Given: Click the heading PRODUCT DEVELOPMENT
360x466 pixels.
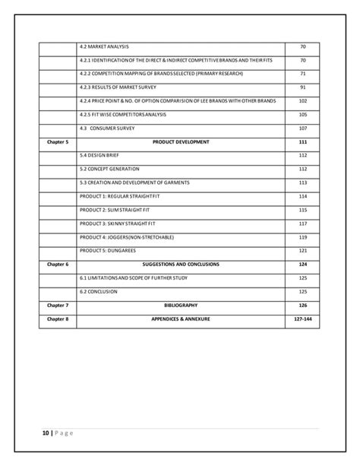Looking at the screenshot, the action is (x=181, y=142).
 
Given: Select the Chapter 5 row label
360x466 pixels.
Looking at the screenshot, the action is (x=58, y=142).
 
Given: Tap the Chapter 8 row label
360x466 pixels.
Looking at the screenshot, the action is (x=58, y=319).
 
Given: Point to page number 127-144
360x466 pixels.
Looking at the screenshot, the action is (x=302, y=319).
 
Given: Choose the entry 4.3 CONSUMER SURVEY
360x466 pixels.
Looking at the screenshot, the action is (x=108, y=128).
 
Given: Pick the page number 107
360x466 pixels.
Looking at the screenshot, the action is (x=302, y=128).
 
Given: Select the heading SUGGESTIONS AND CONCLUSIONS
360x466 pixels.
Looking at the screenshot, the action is (x=181, y=264).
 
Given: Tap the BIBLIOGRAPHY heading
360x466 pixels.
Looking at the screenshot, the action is (x=181, y=305).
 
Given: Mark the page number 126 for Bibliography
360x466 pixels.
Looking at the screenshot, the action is (x=302, y=305).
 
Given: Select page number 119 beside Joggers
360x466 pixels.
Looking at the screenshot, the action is (x=302, y=237).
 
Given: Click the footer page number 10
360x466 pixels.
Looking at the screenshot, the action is (x=46, y=433).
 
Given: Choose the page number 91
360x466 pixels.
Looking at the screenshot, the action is (x=302, y=88).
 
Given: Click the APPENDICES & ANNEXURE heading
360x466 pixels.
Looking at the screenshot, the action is (x=181, y=319).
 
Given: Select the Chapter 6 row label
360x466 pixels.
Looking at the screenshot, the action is (x=58, y=264).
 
